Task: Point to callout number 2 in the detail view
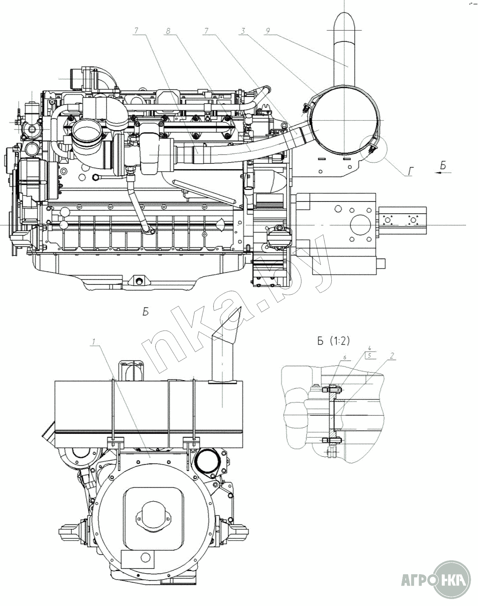[392, 356]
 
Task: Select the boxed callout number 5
[370, 355]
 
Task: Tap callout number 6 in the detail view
[345, 358]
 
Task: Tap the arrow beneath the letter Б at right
[443, 172]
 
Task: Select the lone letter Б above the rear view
[146, 311]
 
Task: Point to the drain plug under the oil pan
[139, 281]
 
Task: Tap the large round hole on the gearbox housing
[360, 225]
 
